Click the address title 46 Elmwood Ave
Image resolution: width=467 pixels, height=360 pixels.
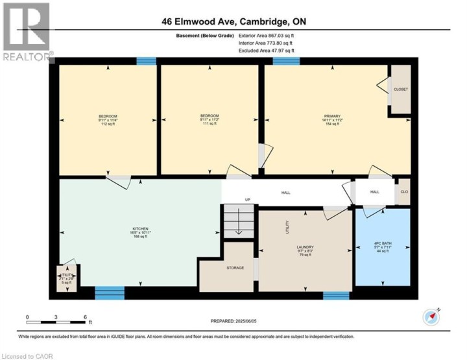coord(234,22)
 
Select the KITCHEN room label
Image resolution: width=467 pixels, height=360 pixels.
coord(141,229)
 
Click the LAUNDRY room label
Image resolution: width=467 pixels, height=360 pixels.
coord(304,247)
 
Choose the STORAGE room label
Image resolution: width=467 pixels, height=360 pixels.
coord(235,268)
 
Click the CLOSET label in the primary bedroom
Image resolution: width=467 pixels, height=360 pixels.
coord(401,89)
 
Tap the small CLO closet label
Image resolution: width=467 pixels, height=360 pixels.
coord(403,192)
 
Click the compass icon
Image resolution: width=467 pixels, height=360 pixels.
coord(431,317)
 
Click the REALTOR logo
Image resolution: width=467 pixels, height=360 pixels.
coord(26,32)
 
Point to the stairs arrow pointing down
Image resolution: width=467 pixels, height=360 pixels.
coord(238,224)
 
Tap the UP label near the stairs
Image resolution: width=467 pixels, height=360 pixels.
coord(247,199)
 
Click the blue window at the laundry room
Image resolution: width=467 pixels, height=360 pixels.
coord(336,296)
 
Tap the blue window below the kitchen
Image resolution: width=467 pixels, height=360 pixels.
coord(109,293)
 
